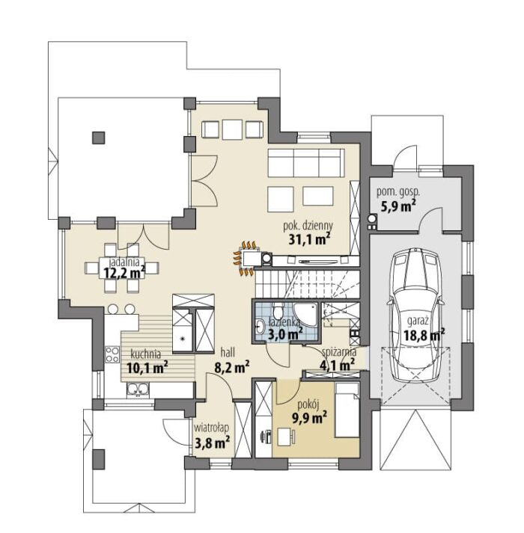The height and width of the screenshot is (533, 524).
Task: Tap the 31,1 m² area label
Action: click(309, 239)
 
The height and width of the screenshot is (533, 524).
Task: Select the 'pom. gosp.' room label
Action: click(397, 192)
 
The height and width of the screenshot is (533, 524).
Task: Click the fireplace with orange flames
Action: click(248, 257)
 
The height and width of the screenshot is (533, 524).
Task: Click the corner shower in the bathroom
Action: click(305, 315)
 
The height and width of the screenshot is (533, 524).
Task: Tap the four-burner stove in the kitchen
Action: click(112, 354)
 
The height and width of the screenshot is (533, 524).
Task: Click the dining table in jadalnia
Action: click(122, 268)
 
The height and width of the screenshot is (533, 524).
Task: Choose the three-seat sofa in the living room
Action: click(306, 163)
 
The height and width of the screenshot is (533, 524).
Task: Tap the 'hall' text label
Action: click(228, 353)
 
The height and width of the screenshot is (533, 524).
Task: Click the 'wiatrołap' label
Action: click(211, 428)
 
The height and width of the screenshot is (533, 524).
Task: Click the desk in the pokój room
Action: click(285, 437)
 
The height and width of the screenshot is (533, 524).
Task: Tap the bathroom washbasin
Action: click(261, 327)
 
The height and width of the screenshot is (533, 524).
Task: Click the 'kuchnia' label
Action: click(146, 354)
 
